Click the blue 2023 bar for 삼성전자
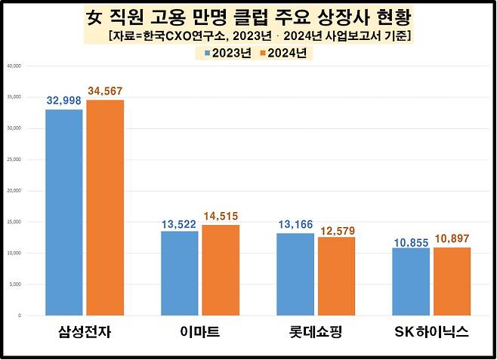64,212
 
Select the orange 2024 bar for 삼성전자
105,208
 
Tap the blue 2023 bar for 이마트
180,272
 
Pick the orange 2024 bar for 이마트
220,269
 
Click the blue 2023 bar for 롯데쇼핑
295,274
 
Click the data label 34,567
105,91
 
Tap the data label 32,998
63,100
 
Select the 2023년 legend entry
228,53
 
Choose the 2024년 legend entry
282,53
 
